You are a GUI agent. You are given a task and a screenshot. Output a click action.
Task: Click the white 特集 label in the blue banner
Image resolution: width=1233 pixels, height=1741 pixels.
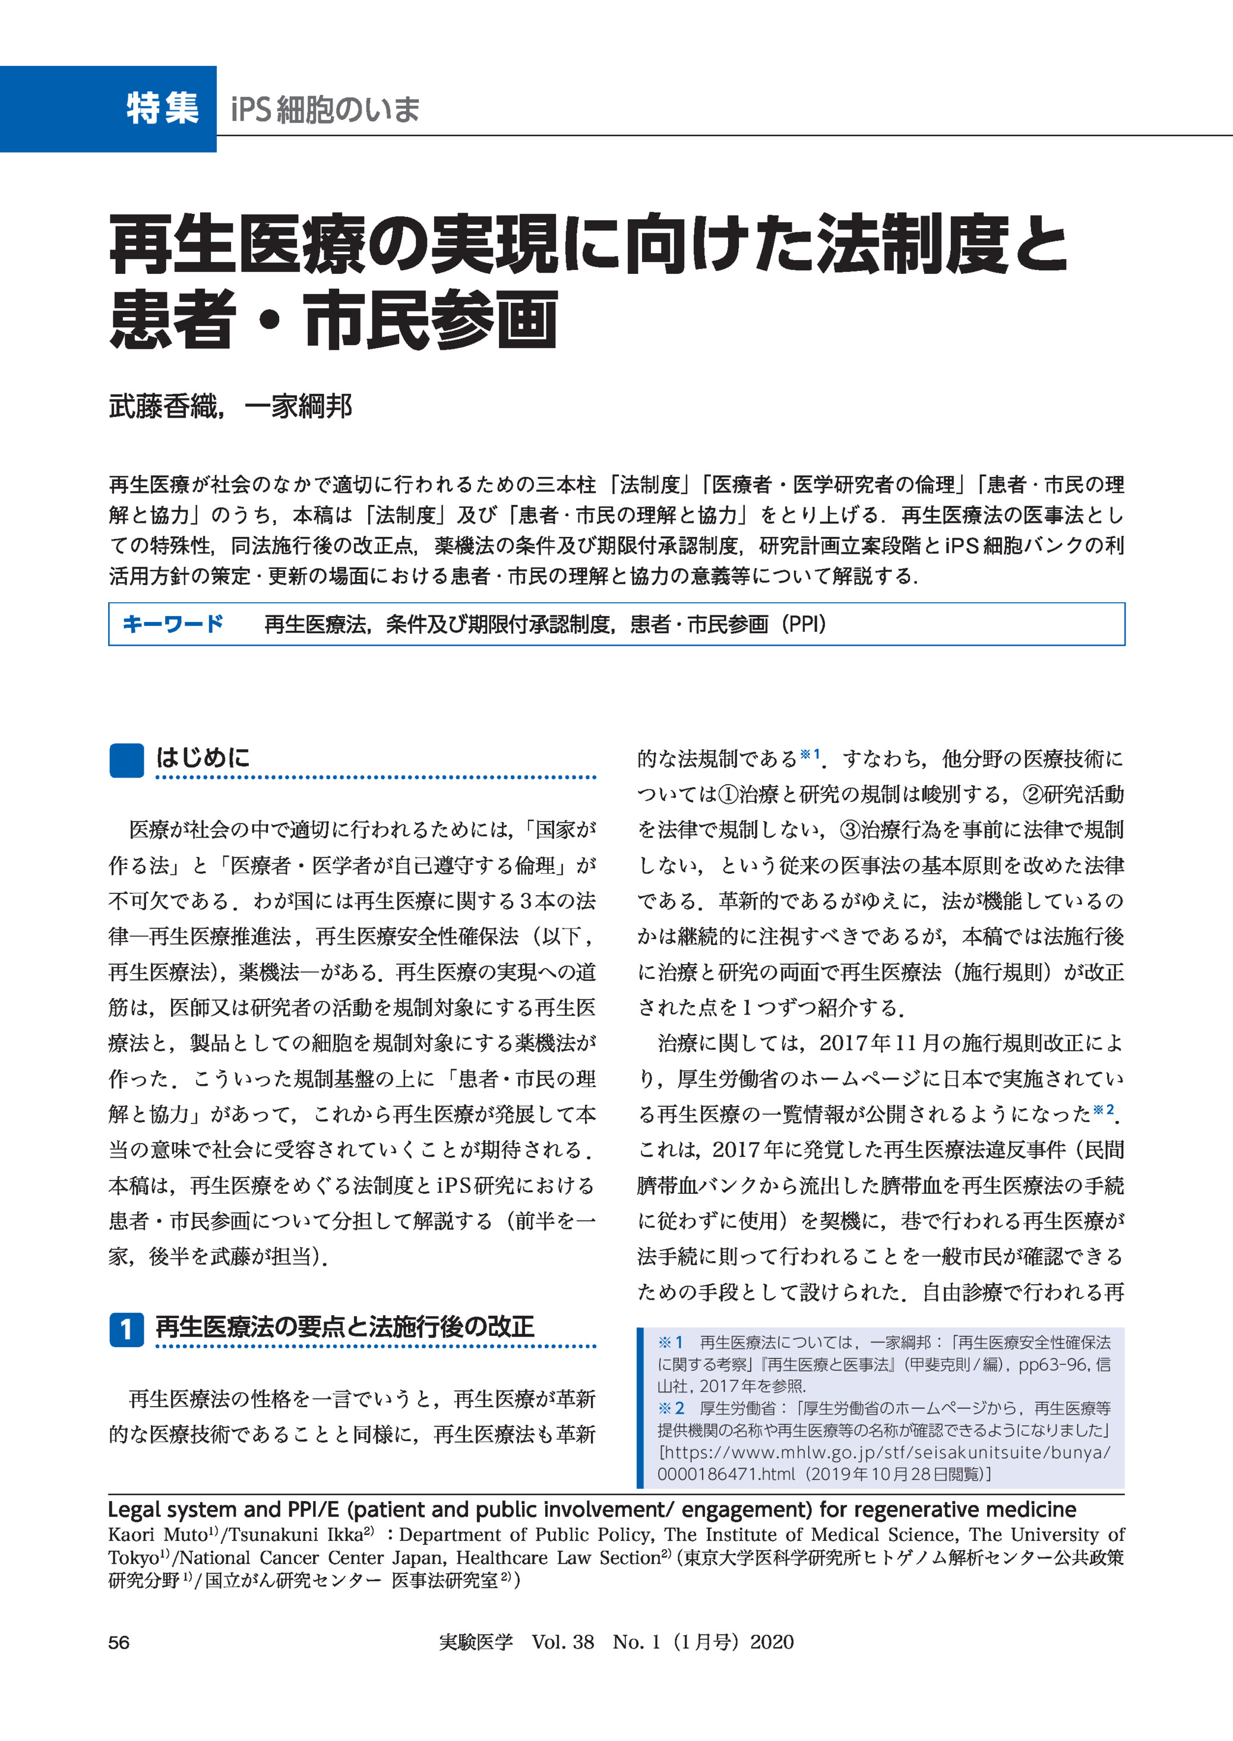[x=163, y=108]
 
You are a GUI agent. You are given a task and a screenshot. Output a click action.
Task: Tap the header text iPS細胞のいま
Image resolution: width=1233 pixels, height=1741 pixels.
[x=325, y=109]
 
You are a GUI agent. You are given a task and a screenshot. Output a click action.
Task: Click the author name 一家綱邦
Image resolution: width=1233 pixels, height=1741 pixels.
[x=298, y=407]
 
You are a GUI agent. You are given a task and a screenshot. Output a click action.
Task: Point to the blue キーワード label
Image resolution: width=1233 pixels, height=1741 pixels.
[x=173, y=624]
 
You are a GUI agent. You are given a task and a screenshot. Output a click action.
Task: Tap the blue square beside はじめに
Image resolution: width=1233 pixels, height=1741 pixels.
[x=127, y=760]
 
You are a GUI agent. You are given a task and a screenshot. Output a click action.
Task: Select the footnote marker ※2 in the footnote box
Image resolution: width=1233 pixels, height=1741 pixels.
[x=671, y=1408]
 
